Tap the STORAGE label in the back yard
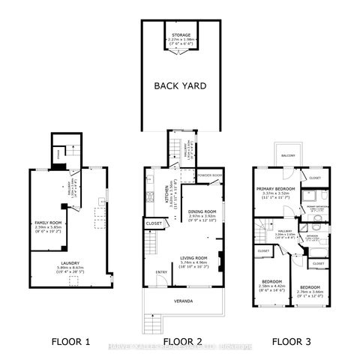[181, 34]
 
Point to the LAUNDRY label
[71, 263]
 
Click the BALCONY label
[289, 155]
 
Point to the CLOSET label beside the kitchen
[154, 223]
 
